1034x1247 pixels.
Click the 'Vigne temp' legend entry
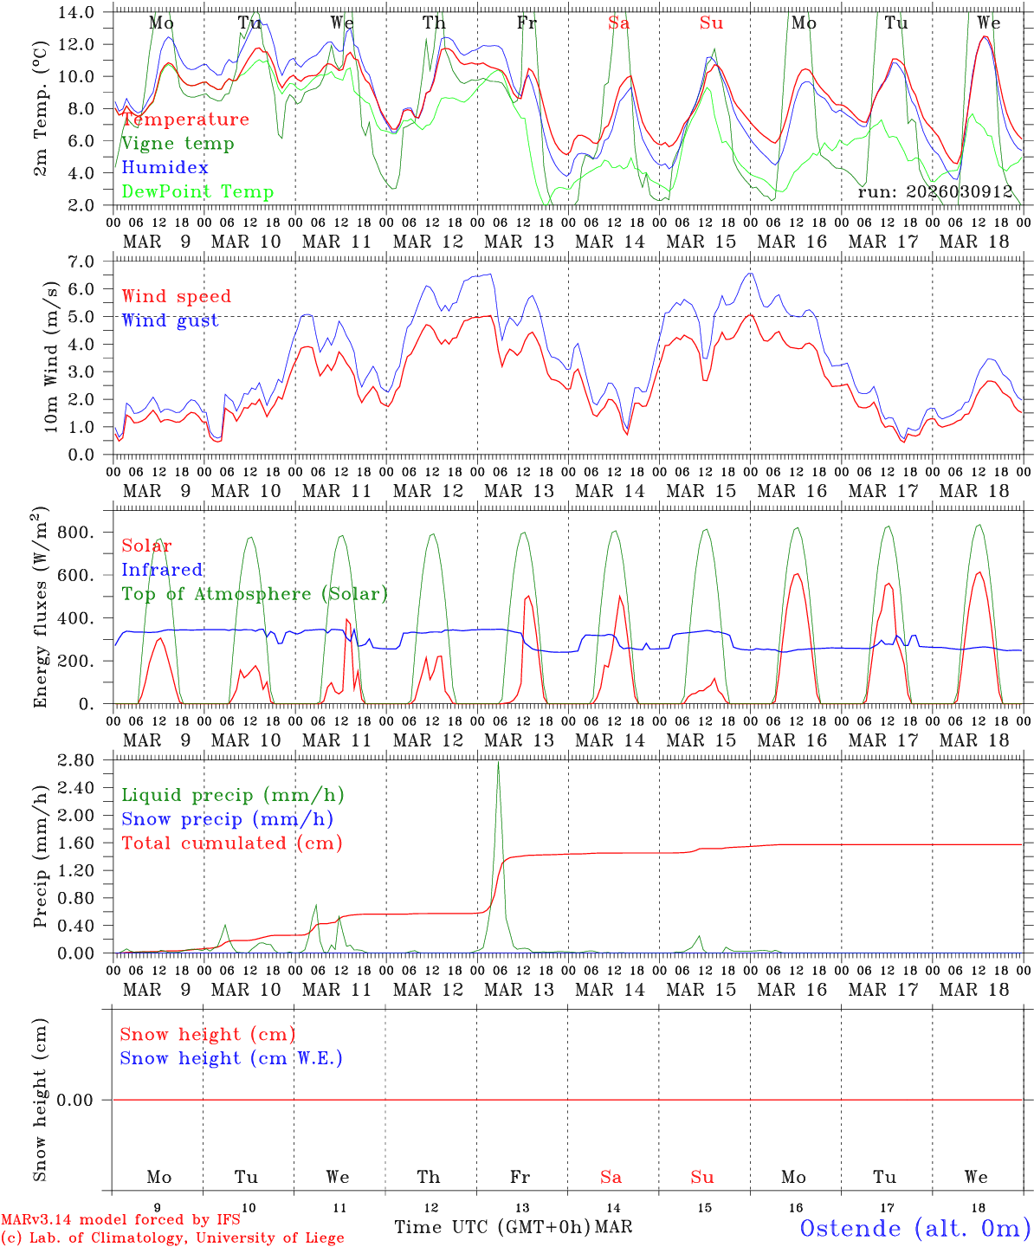178,144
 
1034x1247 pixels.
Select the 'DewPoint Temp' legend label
197,192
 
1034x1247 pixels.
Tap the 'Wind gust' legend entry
170,320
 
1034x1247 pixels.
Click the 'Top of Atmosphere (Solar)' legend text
255,594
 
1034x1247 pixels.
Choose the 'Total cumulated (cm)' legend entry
232,843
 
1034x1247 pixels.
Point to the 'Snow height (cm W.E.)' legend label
231,1058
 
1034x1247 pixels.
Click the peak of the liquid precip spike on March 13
498,763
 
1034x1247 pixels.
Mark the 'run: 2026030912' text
935,191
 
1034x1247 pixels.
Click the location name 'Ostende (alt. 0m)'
914,1228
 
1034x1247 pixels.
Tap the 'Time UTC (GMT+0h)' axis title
492,1227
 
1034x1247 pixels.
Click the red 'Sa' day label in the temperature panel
618,23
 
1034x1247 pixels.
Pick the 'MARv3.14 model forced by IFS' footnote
120,1219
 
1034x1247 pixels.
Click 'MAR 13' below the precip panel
519,990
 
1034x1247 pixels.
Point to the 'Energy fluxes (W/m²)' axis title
41,610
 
